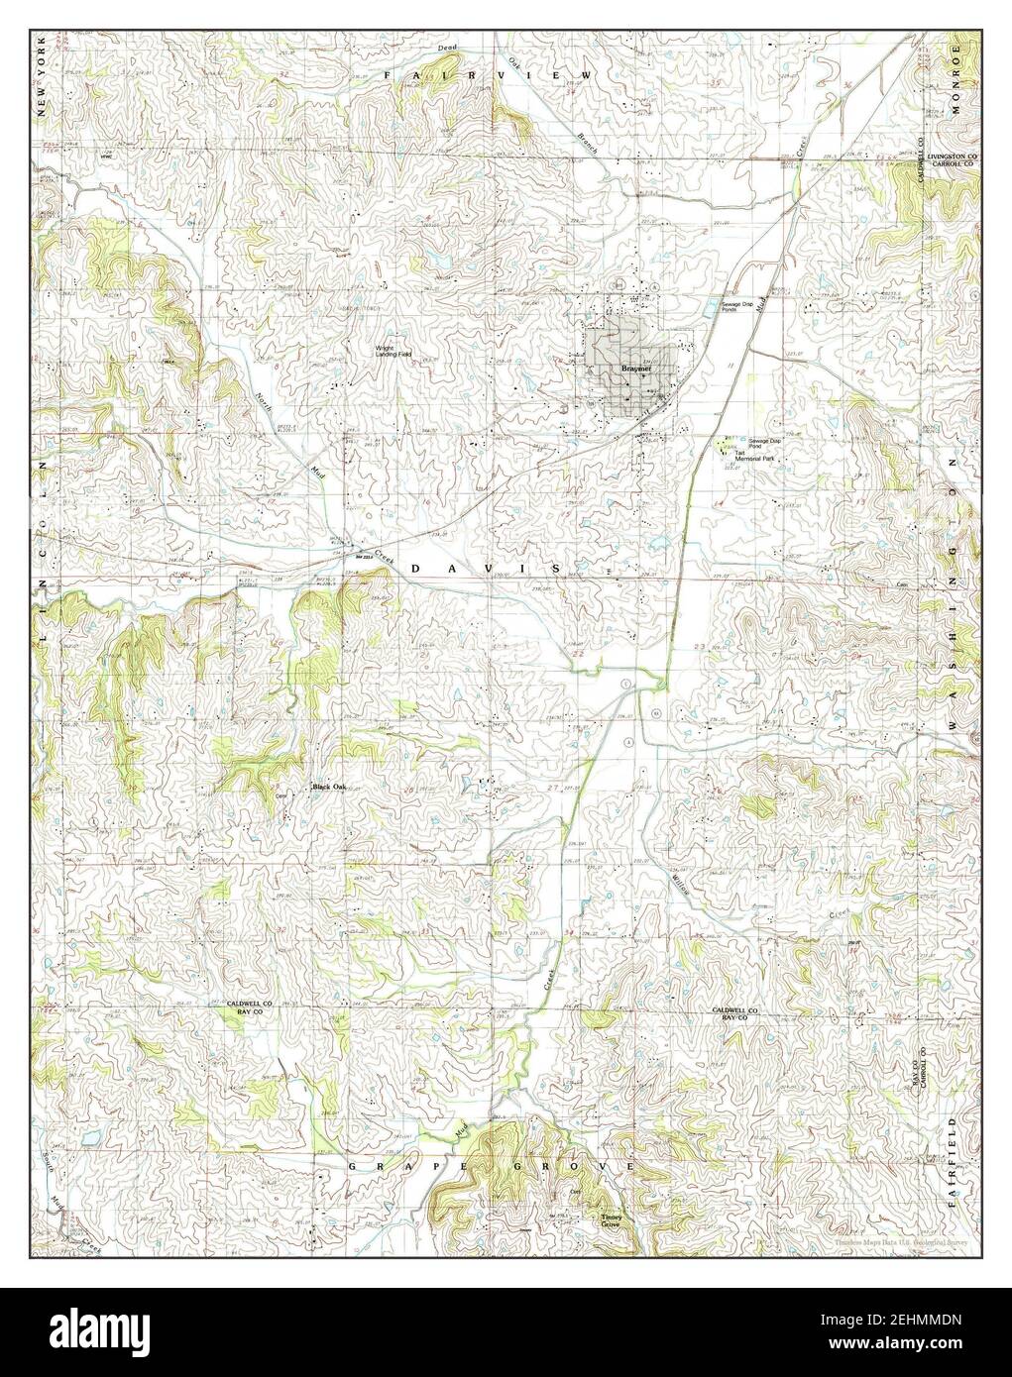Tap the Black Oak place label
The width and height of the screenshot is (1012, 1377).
(330, 788)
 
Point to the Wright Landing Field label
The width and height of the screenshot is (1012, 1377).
(394, 352)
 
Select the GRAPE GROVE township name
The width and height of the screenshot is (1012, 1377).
(490, 1168)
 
